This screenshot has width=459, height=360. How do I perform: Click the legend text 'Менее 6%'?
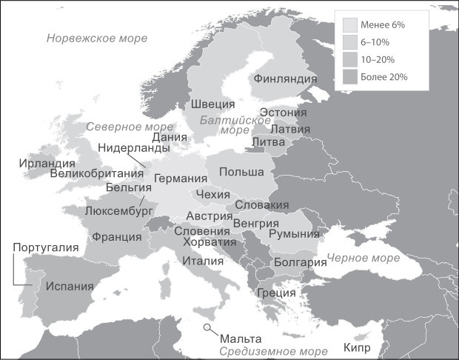tap(382, 24)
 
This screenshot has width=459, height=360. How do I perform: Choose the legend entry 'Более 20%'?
tap(384, 76)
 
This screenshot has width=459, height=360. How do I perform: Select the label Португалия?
tap(41, 247)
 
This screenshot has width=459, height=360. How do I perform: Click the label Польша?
tap(241, 172)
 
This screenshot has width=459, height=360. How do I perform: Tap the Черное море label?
tap(363, 258)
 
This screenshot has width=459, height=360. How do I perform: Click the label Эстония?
tap(283, 113)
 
